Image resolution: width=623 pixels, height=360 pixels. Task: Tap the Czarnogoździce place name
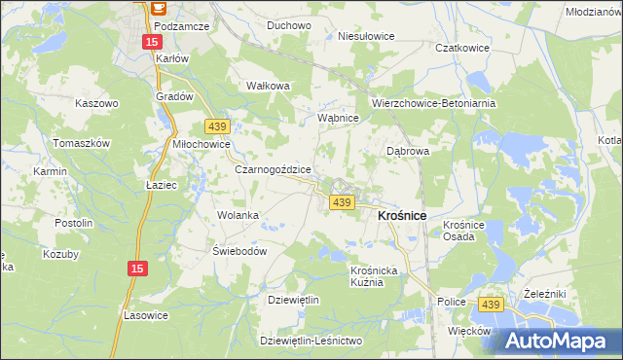coord(273,168)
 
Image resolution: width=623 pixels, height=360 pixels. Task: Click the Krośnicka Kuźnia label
coord(375,275)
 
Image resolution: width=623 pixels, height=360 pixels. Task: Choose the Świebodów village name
coord(239,250)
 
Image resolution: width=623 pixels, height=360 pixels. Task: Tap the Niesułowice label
coord(366,36)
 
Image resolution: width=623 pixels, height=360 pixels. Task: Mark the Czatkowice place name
coord(461,47)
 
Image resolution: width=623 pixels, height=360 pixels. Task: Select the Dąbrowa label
coord(408,152)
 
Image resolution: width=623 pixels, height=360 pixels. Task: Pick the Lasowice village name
coord(147,315)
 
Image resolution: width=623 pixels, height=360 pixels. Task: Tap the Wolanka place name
coord(238,215)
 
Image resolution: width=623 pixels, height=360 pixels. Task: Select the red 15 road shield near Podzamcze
coord(151,42)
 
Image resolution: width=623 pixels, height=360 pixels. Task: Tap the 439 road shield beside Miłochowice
coord(217,126)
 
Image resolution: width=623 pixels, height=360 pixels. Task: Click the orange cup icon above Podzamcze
coord(159,6)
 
